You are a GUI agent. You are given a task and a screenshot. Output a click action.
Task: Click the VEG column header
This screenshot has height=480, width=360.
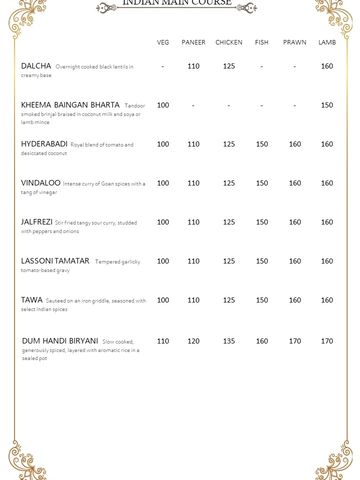click(x=163, y=42)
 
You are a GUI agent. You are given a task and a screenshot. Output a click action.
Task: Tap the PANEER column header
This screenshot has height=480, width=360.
click(x=193, y=42)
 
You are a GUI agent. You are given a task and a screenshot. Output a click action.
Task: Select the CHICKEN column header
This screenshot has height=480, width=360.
click(x=229, y=42)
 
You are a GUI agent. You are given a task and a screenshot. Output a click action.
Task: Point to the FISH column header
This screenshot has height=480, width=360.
click(x=262, y=42)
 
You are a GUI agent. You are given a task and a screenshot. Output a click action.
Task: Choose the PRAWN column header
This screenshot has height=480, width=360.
click(x=295, y=42)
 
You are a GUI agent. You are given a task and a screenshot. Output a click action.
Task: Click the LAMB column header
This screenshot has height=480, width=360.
click(x=327, y=42)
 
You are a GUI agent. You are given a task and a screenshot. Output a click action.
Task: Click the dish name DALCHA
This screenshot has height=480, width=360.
click(x=36, y=66)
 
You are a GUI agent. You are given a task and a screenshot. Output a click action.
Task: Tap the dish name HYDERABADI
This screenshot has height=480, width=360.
click(x=45, y=144)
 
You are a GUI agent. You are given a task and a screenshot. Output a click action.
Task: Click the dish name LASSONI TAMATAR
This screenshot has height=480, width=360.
click(x=55, y=261)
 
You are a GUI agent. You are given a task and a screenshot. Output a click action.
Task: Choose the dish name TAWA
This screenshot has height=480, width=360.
click(x=31, y=300)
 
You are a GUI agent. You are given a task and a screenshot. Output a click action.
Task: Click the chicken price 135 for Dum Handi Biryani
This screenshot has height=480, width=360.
click(x=229, y=340)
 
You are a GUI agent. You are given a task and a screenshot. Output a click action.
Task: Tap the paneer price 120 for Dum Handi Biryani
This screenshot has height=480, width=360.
click(x=193, y=340)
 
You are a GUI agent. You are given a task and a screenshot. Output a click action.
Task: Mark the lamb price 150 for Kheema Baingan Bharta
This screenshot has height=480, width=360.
click(x=327, y=105)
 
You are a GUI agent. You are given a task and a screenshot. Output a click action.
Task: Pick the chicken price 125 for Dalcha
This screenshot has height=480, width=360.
click(x=229, y=66)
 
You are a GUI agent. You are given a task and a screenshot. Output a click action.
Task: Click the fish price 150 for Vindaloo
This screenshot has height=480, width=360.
click(x=262, y=183)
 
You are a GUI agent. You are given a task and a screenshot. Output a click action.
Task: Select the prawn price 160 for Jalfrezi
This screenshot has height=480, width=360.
click(x=295, y=222)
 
